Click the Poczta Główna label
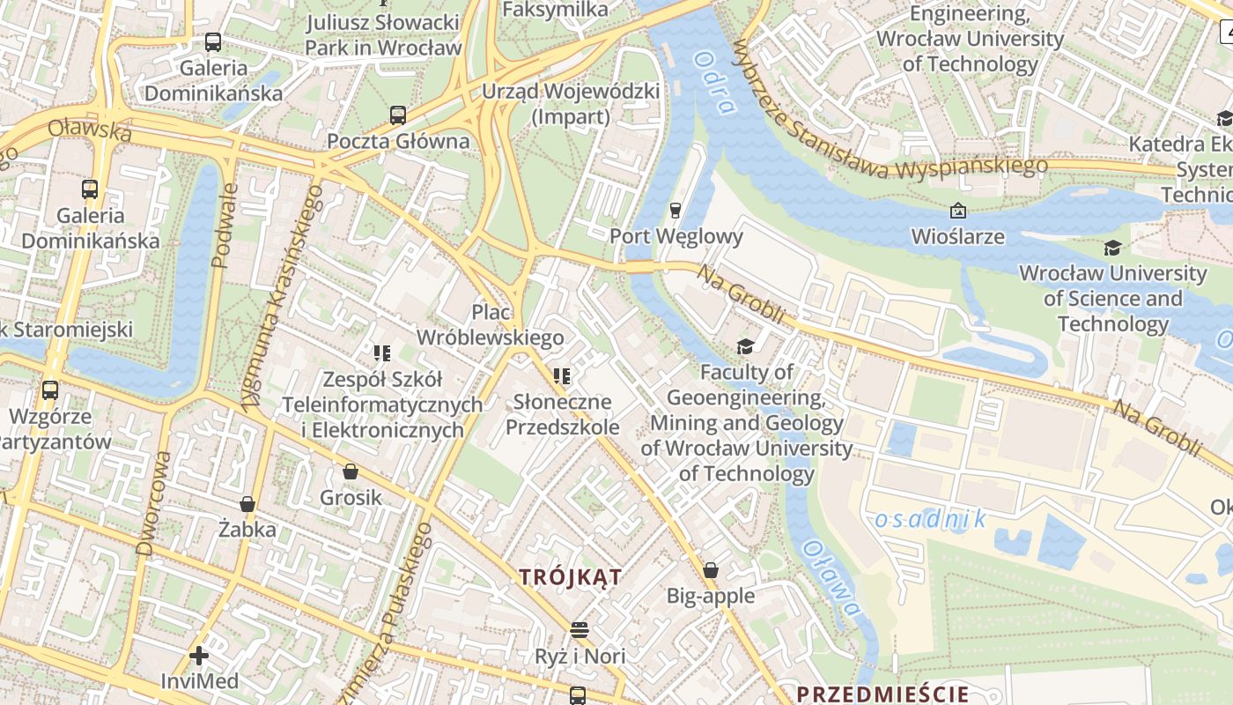point(398,141)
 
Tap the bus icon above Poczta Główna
point(398,115)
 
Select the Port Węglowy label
point(676,236)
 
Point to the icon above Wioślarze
point(957,211)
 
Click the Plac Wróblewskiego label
point(491,324)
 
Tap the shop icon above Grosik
point(351,472)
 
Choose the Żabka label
point(247,530)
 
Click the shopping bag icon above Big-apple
point(711,571)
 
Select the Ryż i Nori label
point(580,657)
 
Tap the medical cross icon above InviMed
point(199,656)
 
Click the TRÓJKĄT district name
point(571,578)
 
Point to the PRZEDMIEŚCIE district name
point(882,694)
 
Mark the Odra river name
point(714,83)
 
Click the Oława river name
point(830,577)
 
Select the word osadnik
point(931,520)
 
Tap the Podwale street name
point(225,225)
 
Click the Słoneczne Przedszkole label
point(562,415)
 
